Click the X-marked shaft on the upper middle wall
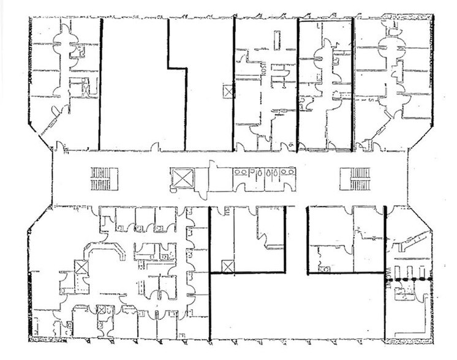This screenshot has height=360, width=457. [x=228, y=92]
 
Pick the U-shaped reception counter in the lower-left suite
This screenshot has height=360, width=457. [x=104, y=252]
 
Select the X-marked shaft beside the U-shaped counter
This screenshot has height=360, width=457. [x=80, y=268]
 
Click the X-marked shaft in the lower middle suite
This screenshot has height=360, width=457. [x=227, y=266]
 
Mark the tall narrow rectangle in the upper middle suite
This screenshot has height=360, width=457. [x=277, y=40]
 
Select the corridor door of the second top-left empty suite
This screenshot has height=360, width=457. [x=156, y=148]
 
